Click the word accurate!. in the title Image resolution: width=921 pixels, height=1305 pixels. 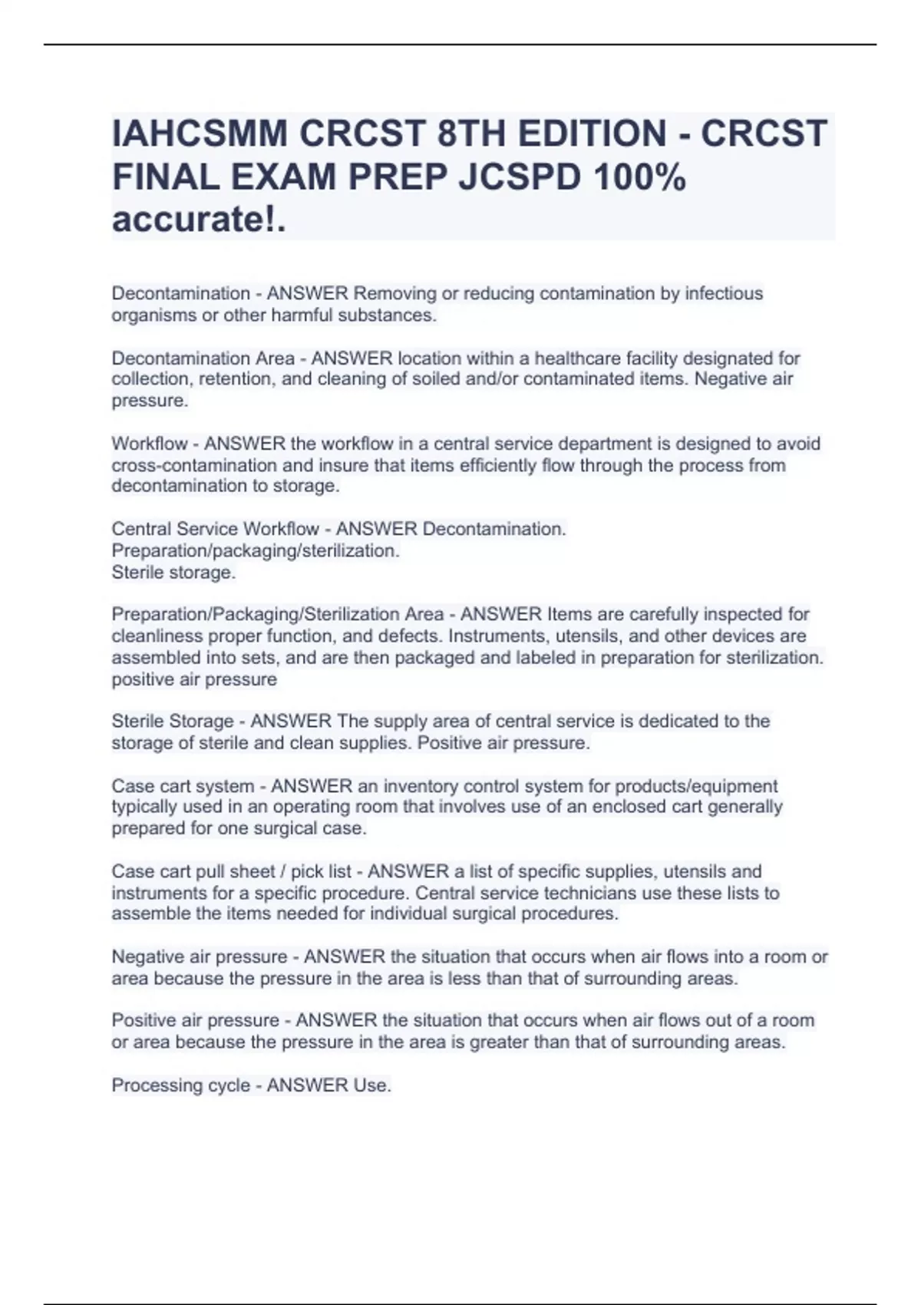click(199, 220)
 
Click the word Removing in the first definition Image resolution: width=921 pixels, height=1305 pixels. click(392, 293)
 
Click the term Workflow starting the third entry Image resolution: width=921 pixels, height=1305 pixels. click(150, 444)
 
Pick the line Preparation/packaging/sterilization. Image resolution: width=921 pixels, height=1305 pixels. click(256, 550)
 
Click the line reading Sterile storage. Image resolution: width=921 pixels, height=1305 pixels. click(173, 572)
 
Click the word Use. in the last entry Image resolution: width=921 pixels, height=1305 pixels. click(372, 1085)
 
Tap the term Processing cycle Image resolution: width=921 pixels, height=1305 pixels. click(181, 1085)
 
